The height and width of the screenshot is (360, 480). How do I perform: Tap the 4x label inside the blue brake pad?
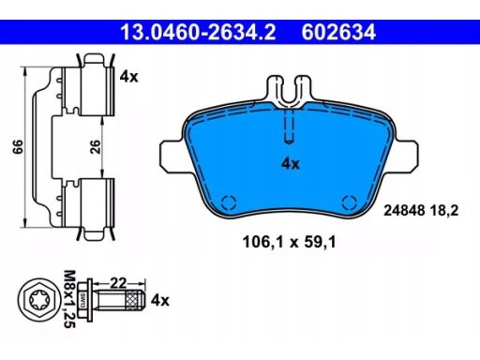(x=291, y=163)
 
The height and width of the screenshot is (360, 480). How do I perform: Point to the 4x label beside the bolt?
(x=160, y=301)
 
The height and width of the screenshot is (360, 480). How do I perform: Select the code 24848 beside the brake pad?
(x=406, y=213)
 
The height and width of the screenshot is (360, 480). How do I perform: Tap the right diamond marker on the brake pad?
(x=349, y=200)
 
